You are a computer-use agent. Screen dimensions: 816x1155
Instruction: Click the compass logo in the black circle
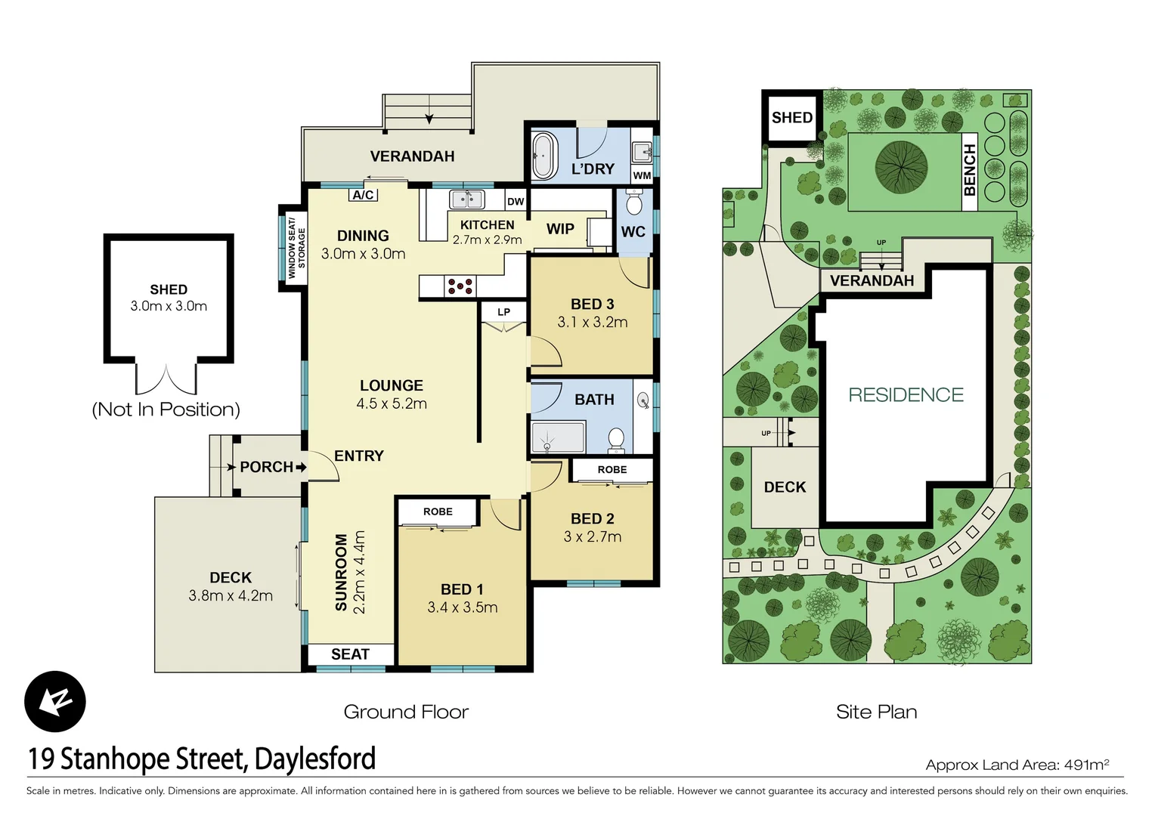tap(55, 701)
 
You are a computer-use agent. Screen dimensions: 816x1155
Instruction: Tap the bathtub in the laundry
tap(543, 156)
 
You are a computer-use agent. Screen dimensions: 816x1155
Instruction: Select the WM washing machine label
tap(642, 175)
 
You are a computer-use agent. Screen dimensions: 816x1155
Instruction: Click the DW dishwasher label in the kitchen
tap(516, 201)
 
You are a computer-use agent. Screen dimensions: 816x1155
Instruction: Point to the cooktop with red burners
tap(460, 286)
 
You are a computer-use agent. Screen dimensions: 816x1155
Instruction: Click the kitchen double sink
tap(466, 199)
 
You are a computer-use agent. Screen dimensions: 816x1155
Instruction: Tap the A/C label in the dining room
tap(363, 195)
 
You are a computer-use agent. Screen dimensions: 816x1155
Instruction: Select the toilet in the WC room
tap(633, 203)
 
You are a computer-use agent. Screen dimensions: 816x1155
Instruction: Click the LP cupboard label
tap(503, 312)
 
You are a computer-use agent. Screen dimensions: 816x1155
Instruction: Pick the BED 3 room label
tap(592, 304)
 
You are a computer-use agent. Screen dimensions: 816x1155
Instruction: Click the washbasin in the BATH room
tap(643, 400)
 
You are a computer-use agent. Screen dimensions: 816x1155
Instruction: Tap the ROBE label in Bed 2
tap(612, 470)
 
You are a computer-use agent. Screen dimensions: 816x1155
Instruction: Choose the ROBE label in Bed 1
tap(438, 512)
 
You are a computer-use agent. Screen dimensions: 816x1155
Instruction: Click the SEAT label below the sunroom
tap(350, 654)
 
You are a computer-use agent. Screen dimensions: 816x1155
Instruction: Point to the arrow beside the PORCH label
tap(301, 467)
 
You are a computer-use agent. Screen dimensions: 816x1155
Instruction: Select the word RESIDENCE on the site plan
tap(906, 395)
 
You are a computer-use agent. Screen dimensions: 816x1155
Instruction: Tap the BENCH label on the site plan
tap(970, 170)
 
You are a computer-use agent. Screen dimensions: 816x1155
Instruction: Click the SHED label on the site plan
tap(791, 118)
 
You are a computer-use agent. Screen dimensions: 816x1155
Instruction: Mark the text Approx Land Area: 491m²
tap(1017, 765)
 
